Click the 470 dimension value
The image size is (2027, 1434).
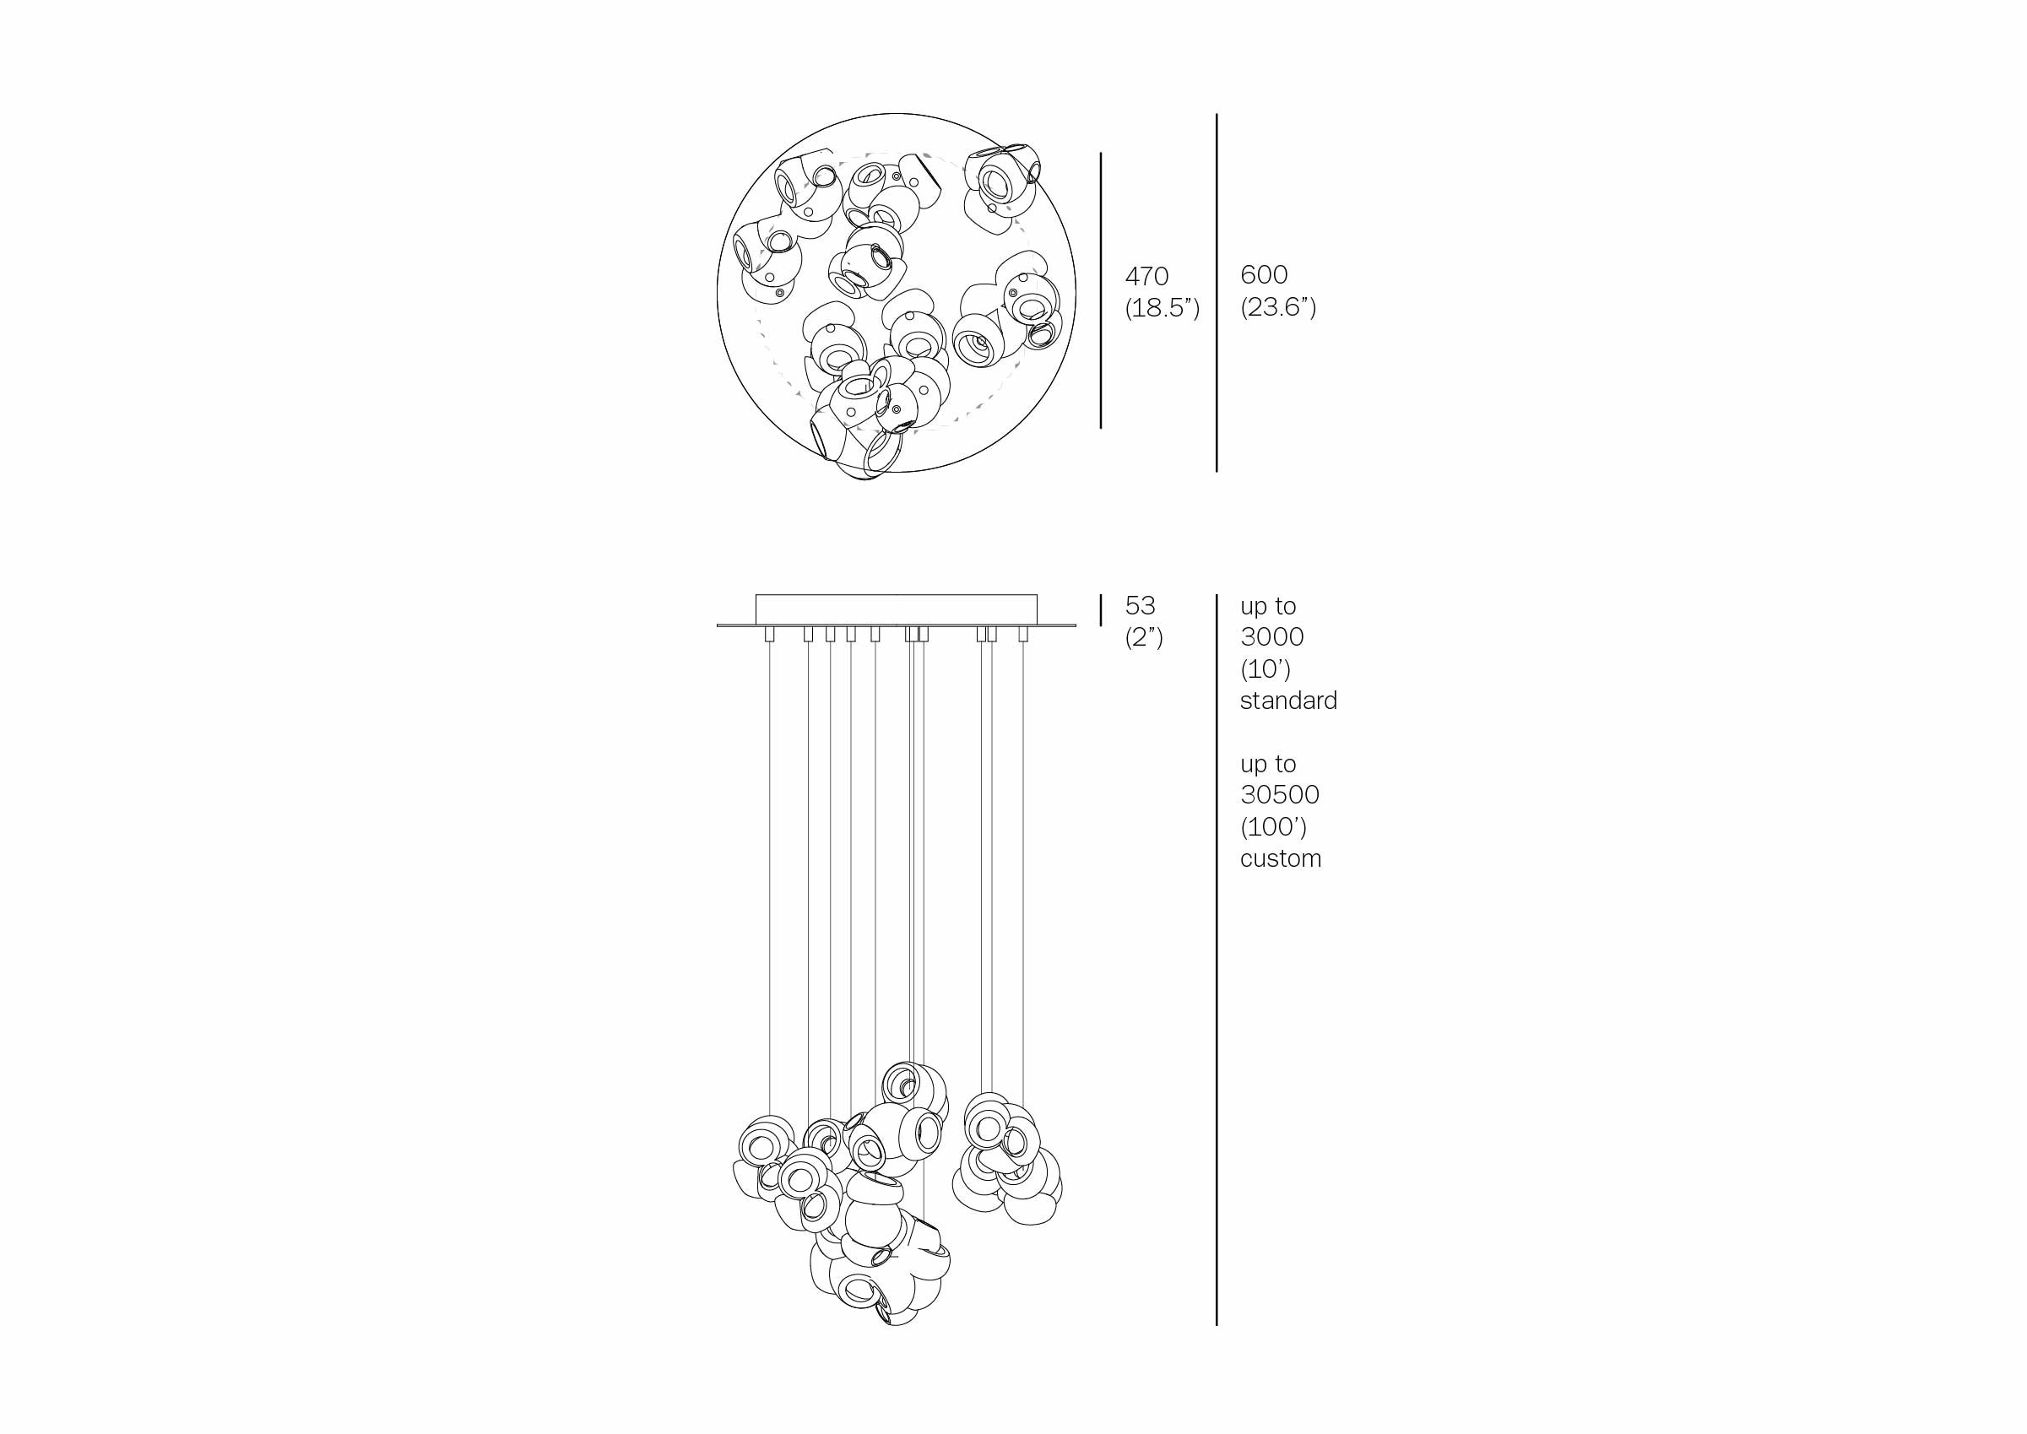(1146, 276)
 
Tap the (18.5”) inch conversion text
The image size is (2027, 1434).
(1163, 308)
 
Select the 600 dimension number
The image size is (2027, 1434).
(1264, 274)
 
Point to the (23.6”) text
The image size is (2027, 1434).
(1278, 306)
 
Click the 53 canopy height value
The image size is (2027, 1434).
(1141, 606)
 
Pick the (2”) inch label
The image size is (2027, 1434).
(1144, 637)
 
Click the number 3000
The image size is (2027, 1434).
(1272, 636)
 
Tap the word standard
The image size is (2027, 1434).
(1288, 701)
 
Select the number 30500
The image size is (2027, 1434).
(1280, 795)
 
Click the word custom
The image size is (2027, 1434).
(1281, 858)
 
